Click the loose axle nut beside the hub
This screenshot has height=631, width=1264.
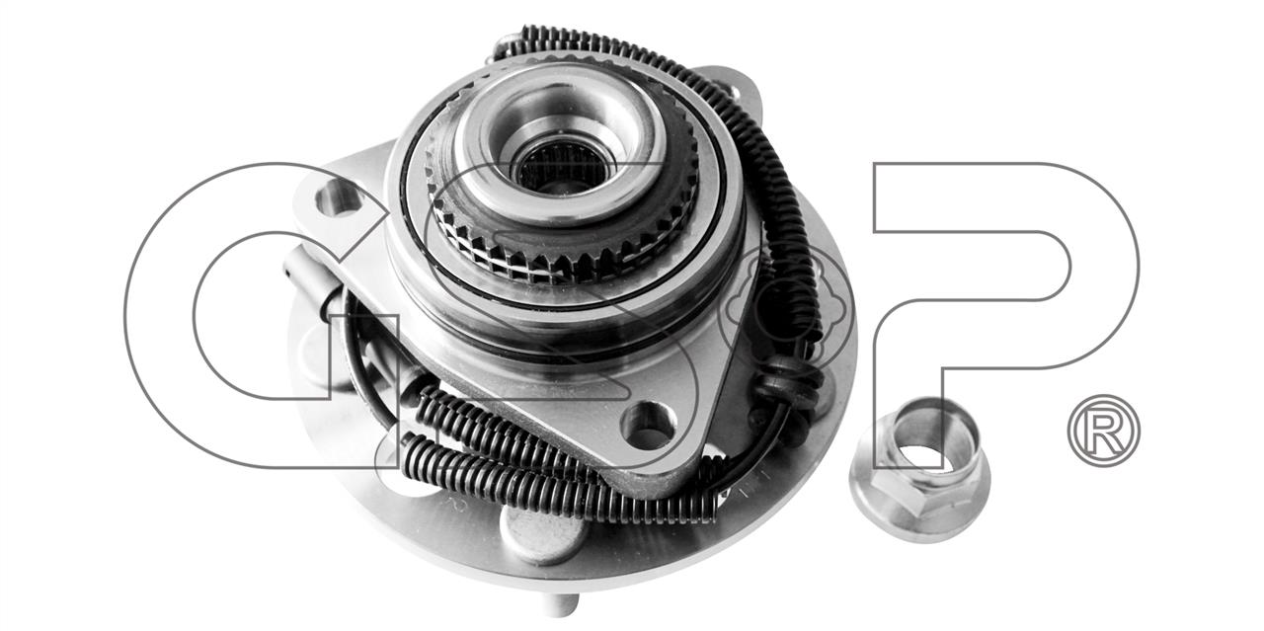(x=919, y=470)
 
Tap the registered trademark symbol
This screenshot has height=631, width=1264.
(x=1104, y=431)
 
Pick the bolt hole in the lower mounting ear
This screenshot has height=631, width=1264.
(x=649, y=426)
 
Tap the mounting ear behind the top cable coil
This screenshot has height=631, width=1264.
(x=734, y=99)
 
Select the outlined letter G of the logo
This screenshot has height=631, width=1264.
(x=260, y=316)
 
